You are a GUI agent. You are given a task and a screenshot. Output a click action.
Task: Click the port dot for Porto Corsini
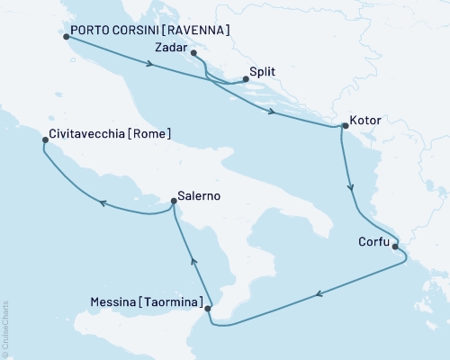pyautogui.click(x=67, y=38)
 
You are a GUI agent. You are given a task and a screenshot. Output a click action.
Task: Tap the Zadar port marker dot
pyautogui.click(x=195, y=53)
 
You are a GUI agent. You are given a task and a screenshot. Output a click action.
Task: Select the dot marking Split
pyautogui.click(x=247, y=78)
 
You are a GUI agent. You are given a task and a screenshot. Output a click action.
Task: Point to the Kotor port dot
pyautogui.click(x=342, y=127)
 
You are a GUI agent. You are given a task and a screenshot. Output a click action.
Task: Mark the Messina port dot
pyautogui.click(x=209, y=309)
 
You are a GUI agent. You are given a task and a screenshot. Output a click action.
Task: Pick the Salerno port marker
pyautogui.click(x=174, y=202)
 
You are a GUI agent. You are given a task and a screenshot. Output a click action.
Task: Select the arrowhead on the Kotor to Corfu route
pyautogui.click(x=351, y=190)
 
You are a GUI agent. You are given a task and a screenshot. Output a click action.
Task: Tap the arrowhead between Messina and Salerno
pyautogui.click(x=192, y=258)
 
